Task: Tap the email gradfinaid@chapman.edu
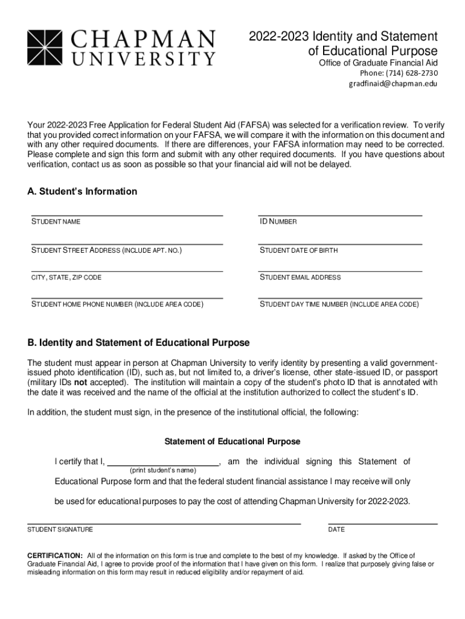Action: click(x=393, y=84)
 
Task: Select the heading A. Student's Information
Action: click(x=82, y=192)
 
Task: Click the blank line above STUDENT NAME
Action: click(x=127, y=214)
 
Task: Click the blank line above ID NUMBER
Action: click(x=340, y=214)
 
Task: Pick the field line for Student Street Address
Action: click(x=127, y=243)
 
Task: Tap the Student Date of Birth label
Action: click(x=298, y=250)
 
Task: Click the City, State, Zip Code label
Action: click(x=66, y=277)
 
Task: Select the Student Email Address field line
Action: click(x=340, y=270)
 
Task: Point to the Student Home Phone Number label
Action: click(x=117, y=305)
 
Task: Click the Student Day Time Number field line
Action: click(x=340, y=297)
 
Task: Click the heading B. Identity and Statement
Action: click(x=138, y=343)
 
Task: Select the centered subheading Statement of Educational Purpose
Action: click(x=232, y=442)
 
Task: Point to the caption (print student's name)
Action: click(x=163, y=470)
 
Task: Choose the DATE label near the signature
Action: click(x=336, y=530)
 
